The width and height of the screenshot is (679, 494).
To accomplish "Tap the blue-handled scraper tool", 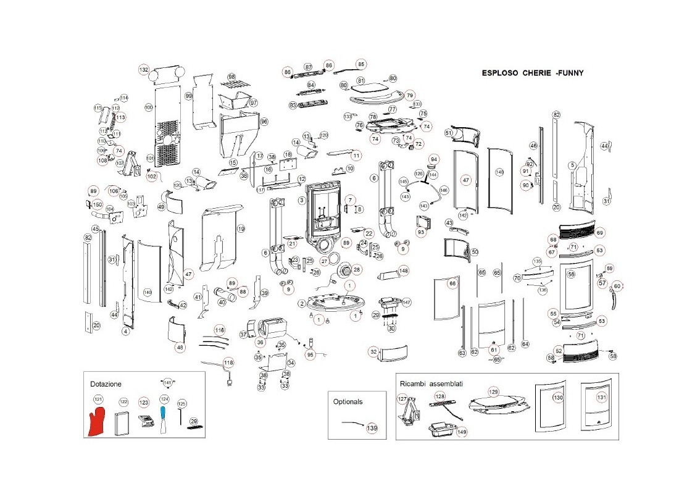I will [x=164, y=417].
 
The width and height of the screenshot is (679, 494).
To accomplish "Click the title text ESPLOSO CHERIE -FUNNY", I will [x=532, y=73].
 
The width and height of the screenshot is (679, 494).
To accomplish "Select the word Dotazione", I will [x=106, y=383].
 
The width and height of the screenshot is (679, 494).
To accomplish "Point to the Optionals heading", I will [x=348, y=401].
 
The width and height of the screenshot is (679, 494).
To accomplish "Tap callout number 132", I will [x=144, y=70].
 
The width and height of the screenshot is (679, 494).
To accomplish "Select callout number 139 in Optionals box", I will [x=372, y=428].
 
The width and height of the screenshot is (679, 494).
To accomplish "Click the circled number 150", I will [x=97, y=204].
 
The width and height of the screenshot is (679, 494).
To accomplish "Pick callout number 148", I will [x=403, y=270].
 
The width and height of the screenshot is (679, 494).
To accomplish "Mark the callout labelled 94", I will [x=433, y=159].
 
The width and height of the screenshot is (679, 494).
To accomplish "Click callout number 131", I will [x=602, y=398].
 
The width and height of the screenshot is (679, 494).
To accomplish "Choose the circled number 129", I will [x=493, y=392].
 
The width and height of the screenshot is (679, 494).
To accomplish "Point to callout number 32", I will [x=373, y=351].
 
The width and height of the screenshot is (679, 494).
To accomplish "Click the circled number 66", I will [x=452, y=283].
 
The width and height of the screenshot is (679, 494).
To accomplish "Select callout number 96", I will [x=264, y=122].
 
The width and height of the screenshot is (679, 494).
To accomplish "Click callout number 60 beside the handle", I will [x=617, y=287].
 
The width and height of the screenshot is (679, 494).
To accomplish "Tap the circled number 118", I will [x=228, y=362].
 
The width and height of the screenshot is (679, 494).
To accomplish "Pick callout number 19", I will [x=241, y=228].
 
